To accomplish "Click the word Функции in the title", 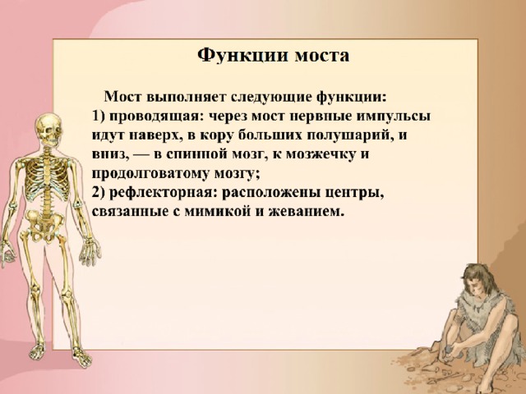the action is [242, 55].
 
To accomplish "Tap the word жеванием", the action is [307, 213].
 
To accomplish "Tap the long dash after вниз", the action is [141, 155].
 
